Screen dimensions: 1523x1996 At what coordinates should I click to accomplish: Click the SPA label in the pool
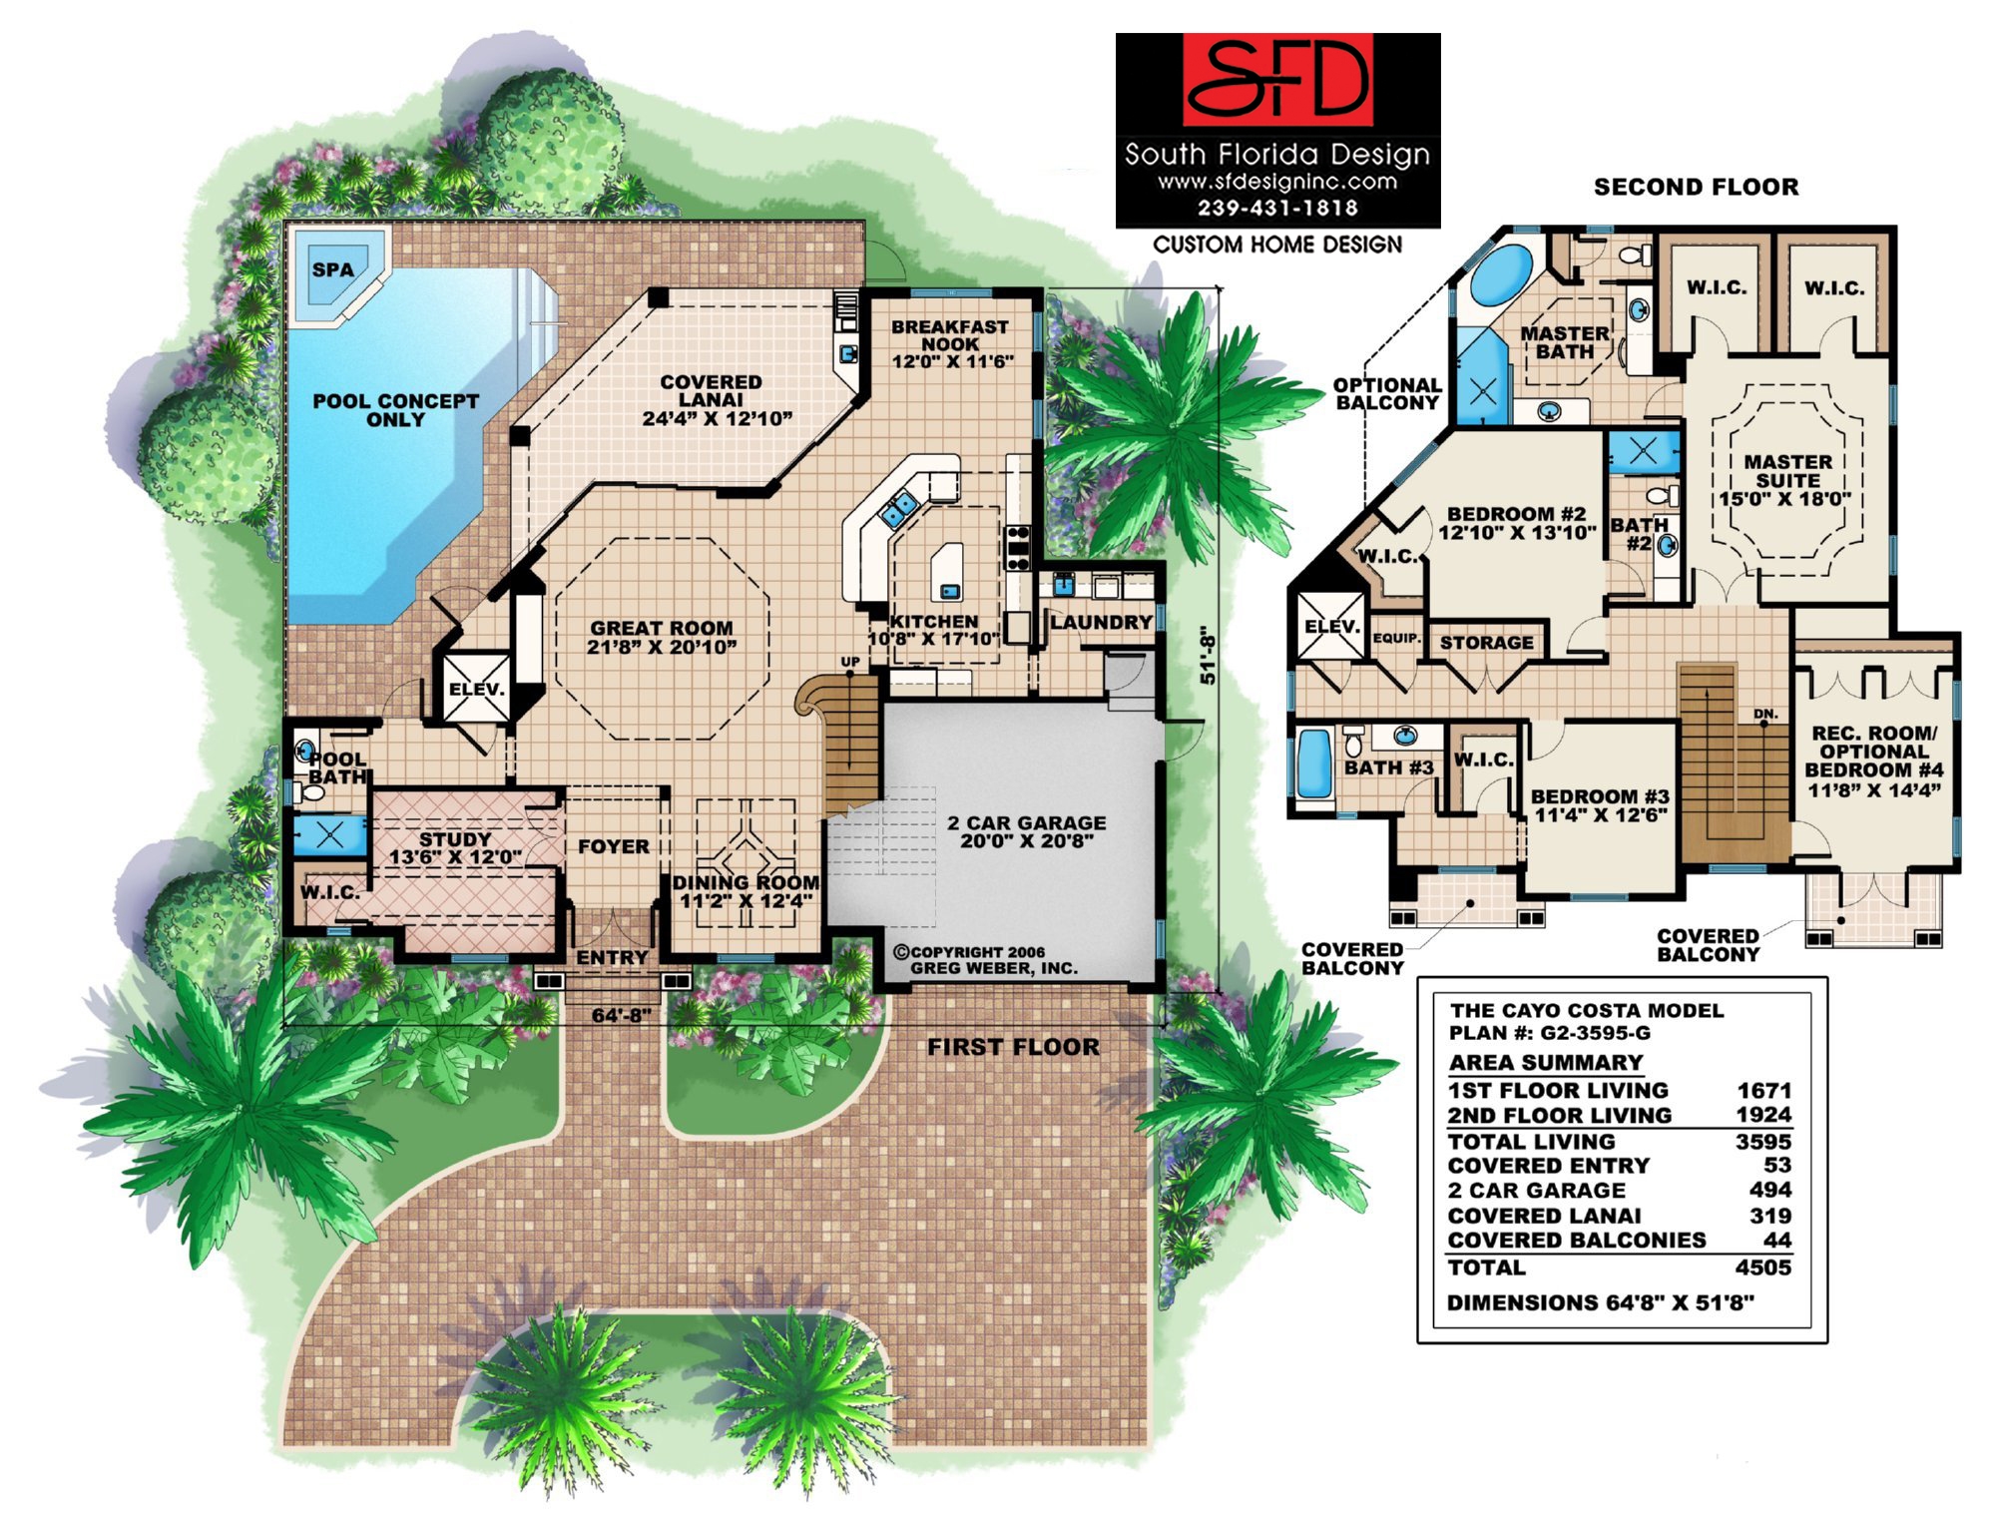tap(332, 269)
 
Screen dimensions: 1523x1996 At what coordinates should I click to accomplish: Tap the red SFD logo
tap(1277, 80)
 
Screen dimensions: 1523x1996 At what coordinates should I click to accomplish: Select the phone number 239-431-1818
tap(1277, 208)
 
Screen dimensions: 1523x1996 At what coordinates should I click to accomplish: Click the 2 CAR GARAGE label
tap(1026, 831)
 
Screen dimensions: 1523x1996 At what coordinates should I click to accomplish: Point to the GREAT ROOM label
tap(661, 637)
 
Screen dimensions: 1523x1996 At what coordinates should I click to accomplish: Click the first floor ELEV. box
tap(477, 688)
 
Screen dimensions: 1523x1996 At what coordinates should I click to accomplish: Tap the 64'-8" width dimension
tap(621, 1016)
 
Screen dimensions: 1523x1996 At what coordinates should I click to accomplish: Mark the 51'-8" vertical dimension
tap(1208, 655)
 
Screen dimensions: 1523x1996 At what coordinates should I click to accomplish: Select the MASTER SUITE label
tap(1786, 480)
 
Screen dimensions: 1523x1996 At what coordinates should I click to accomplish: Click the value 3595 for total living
tap(1762, 1141)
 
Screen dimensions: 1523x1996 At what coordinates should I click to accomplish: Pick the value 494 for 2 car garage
tap(1769, 1190)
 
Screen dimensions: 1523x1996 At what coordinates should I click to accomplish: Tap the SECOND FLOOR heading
tap(1696, 187)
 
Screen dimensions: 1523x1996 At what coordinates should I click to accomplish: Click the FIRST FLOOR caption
tap(1013, 1047)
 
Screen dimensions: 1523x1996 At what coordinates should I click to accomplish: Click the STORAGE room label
tap(1486, 643)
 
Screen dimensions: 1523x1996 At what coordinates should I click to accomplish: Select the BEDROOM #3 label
tap(1600, 805)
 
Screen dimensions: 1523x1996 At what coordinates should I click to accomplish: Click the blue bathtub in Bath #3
tap(1314, 763)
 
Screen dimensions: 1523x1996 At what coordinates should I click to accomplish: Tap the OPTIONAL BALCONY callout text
tap(1387, 394)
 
